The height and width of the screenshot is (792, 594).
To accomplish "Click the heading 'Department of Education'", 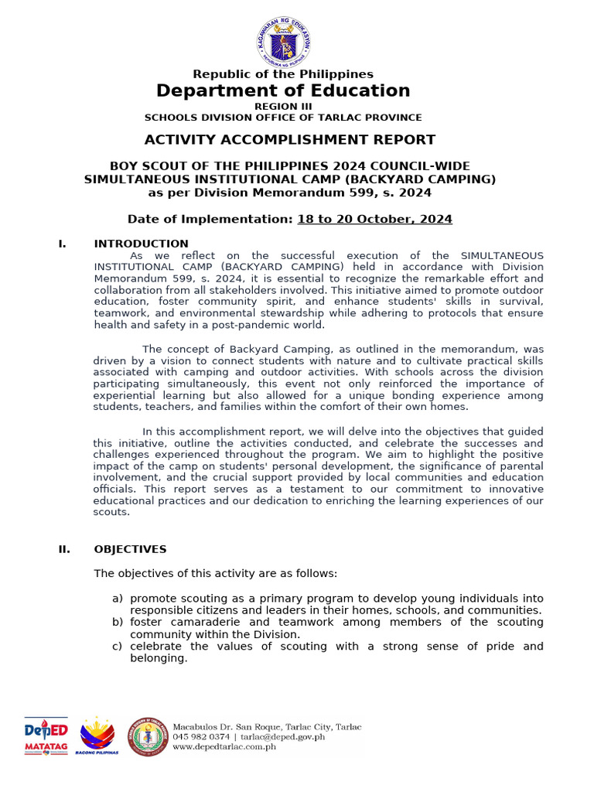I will pos(283,90).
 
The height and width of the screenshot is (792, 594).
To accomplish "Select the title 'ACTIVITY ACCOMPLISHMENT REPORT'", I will pos(290,140).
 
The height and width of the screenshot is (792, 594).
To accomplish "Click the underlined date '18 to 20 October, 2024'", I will pos(374,219).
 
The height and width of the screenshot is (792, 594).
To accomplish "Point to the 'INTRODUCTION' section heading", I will pos(141,244).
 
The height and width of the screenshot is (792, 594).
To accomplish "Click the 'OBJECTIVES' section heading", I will pos(130,549).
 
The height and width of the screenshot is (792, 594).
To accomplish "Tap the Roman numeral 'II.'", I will pos(64,549).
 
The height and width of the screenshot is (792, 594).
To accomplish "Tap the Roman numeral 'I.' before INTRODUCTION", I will pos(62,244).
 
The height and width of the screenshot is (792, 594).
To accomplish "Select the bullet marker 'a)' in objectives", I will pos(118,599).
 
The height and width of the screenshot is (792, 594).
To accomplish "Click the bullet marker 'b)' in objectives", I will pos(118,622).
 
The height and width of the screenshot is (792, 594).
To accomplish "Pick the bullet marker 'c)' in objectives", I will pos(118,646).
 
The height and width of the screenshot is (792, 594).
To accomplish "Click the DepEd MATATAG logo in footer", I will pos(46,736).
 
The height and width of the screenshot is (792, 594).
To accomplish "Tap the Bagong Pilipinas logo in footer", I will pos(97,736).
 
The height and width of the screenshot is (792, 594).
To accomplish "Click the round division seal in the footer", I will pos(148,736).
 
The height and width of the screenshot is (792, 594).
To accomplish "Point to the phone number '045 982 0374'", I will pos(200,737).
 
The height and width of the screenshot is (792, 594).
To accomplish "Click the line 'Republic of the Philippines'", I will pos(283,74).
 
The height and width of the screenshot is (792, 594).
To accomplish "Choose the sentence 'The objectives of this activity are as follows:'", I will pos(215,574).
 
